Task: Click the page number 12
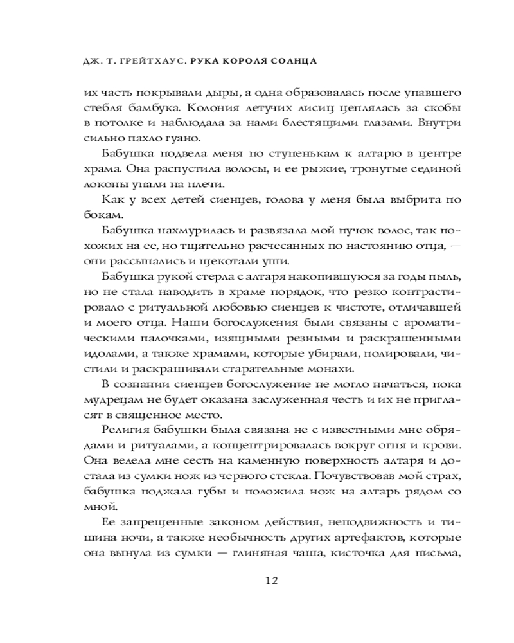[270, 580]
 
